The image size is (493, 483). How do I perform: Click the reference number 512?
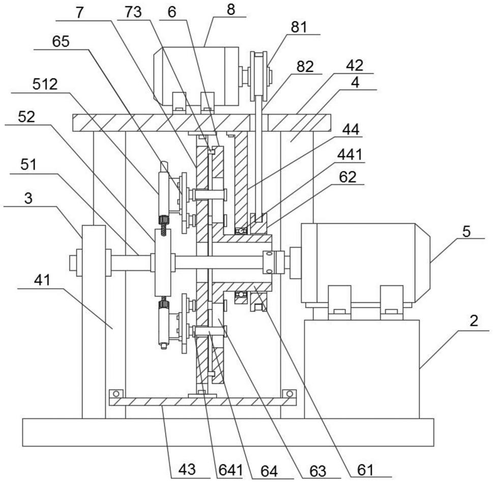pyautogui.click(x=45, y=84)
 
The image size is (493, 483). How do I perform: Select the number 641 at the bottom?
pyautogui.click(x=231, y=470)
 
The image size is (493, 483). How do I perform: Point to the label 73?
pyautogui.click(x=133, y=12)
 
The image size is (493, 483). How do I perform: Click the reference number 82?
pyautogui.click(x=305, y=67)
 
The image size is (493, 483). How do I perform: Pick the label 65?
pyautogui.click(x=61, y=42)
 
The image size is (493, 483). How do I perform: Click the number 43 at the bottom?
pyautogui.click(x=187, y=469)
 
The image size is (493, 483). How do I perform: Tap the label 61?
pyautogui.click(x=365, y=470)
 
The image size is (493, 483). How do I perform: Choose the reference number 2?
pyautogui.click(x=474, y=321)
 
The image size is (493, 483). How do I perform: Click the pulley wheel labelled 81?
pyautogui.click(x=259, y=76)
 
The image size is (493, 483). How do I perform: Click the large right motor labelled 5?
pyautogui.click(x=365, y=263)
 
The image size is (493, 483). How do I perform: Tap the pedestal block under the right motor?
pyautogui.click(x=362, y=369)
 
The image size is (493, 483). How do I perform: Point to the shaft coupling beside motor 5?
pyautogui.click(x=273, y=262)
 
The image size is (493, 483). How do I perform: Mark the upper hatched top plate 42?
pyautogui.click(x=201, y=123)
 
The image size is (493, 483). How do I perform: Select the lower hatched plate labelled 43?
pyautogui.click(x=202, y=402)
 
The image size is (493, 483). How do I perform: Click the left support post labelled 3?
pyautogui.click(x=94, y=322)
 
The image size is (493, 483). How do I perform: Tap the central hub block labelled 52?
pyautogui.click(x=163, y=263)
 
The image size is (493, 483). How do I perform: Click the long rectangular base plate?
pyautogui.click(x=228, y=432)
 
